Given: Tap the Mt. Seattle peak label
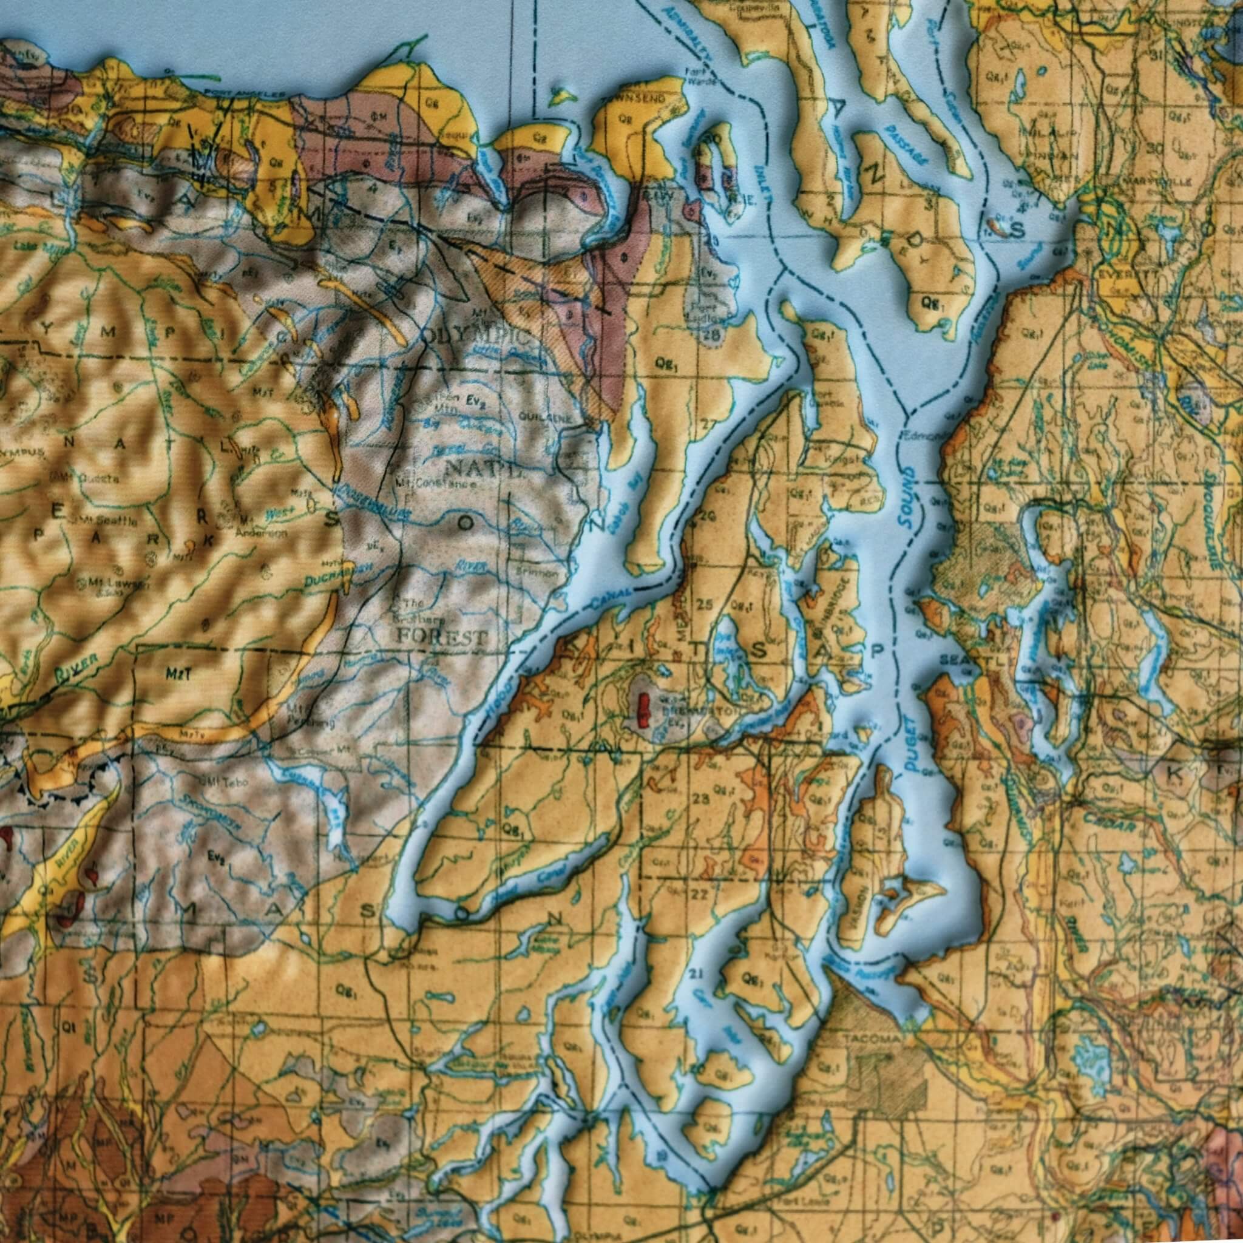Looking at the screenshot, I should click(109, 521).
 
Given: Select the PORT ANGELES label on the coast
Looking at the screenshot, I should click(245, 94).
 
